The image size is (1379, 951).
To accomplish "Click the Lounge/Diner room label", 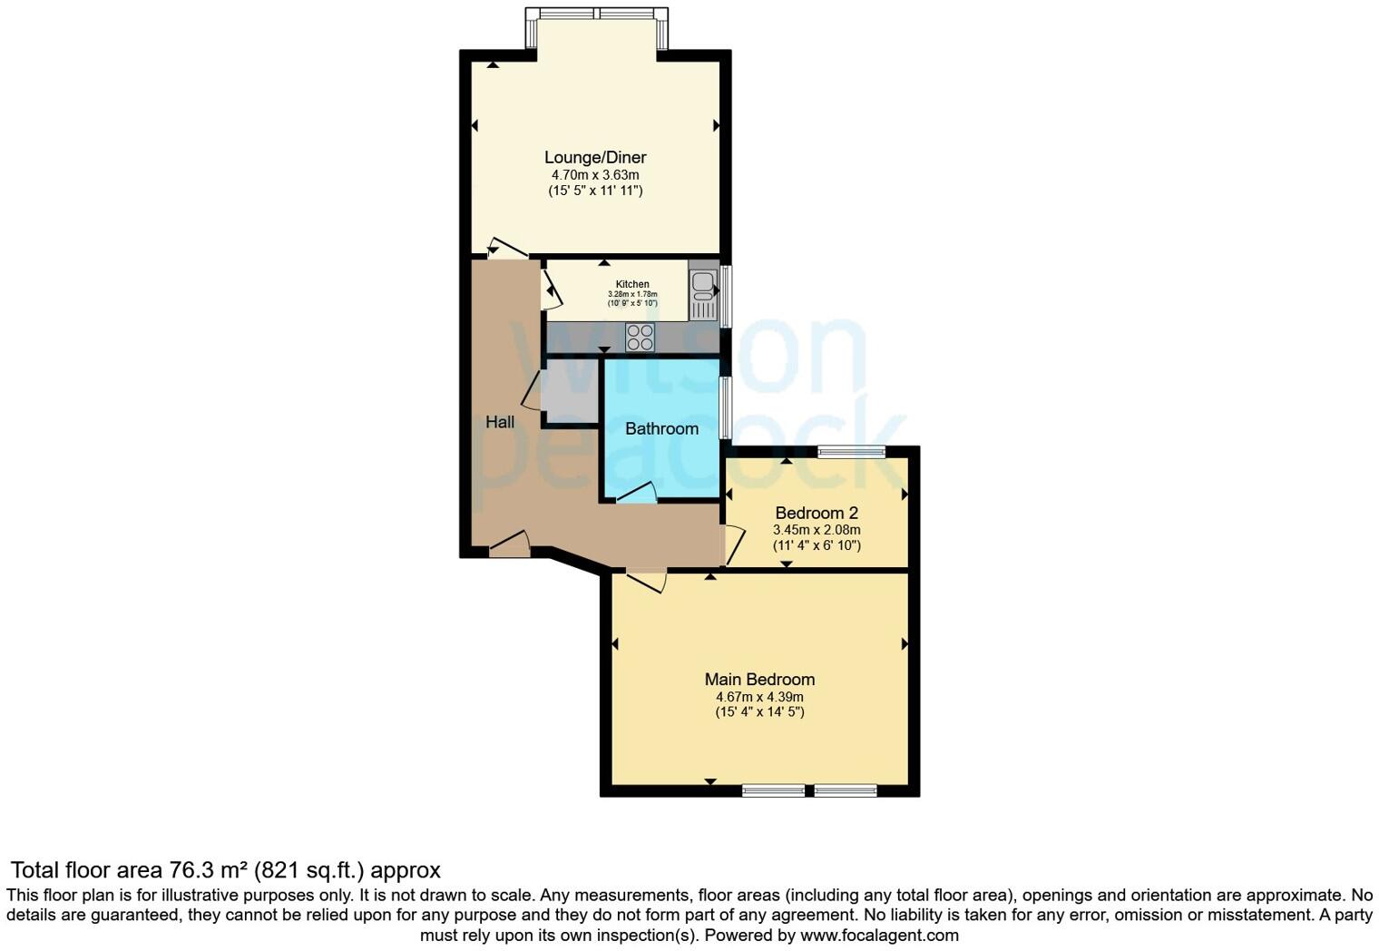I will pos(595,157).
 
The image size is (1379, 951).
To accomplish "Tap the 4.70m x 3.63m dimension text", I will pos(595,174).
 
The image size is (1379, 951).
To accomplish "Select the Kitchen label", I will pos(632,284).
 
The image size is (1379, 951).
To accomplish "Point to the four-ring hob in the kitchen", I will pos(640,337).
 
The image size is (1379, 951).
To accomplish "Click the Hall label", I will pos(500,422).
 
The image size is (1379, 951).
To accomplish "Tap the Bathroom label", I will pos(661,428).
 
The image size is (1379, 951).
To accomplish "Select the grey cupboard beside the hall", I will pos(570,392).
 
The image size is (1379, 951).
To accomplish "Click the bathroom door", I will pos(637,495).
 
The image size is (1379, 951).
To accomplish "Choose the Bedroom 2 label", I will pos(817,513).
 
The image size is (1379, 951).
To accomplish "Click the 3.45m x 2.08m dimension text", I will pos(817,530).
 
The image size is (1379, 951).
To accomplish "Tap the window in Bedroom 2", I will pos(851,452).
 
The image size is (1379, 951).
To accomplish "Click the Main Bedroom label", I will pos(759,679).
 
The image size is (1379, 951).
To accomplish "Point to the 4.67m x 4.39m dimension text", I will pos(759,697).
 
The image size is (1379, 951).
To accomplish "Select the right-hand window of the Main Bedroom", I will pos(846,790).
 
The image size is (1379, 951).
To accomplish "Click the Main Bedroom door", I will pos(646,580).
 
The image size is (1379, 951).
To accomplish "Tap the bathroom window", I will pos(725,408).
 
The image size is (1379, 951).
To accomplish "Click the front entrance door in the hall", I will pos(510,544).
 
